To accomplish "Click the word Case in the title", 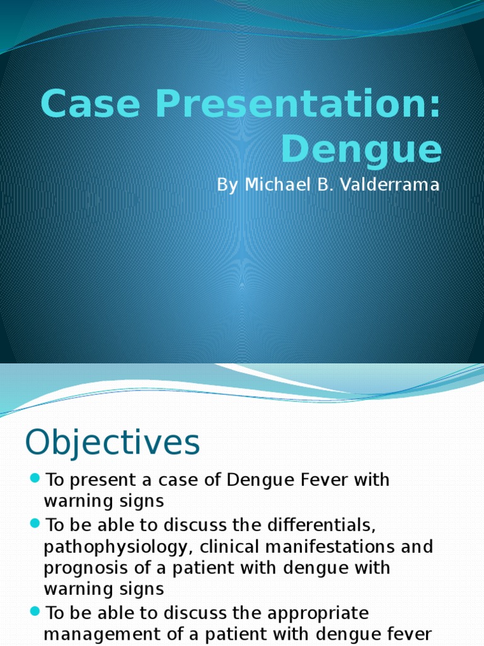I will pos(90,104).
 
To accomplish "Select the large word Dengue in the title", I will pos(361,150).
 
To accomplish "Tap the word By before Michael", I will pos(228,185).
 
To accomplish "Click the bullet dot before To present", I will pos(35,479).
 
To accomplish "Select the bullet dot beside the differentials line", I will pos(35,523).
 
